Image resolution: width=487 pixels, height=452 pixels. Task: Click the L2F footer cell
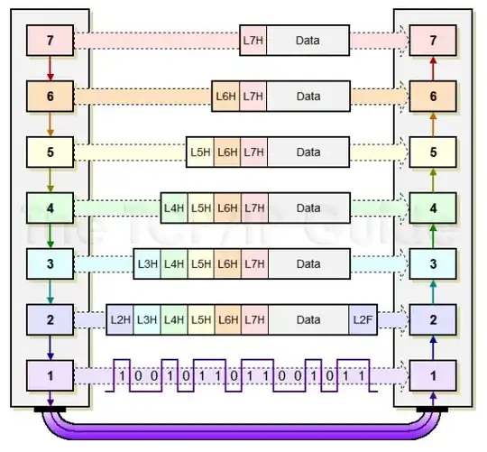pos(362,319)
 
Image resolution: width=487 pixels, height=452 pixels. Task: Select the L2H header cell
pos(121,319)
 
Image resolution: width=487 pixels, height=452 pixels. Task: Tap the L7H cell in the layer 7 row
pos(253,40)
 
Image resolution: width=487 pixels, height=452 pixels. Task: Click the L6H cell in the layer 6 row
pos(225,96)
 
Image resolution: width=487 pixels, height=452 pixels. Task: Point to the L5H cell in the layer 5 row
pos(200,152)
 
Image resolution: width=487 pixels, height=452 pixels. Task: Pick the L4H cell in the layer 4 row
pos(174,208)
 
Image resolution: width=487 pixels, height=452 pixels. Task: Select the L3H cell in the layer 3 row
pos(147,263)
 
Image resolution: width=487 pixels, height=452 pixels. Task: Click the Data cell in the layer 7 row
pos(308,40)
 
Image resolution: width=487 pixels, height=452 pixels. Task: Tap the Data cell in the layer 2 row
pos(308,319)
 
